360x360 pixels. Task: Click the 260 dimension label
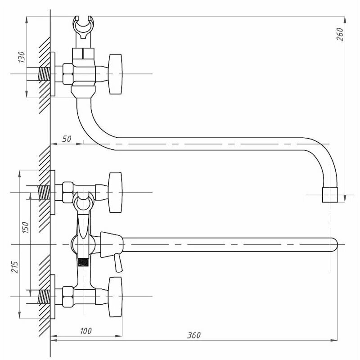tap(340, 34)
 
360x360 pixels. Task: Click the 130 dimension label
tap(21, 57)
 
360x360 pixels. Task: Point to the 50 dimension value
tap(67, 139)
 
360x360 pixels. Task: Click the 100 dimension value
tap(85, 331)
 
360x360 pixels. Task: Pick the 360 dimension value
tap(194, 335)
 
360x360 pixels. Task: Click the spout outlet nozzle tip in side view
tap(330, 195)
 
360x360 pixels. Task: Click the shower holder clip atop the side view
tap(83, 27)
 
